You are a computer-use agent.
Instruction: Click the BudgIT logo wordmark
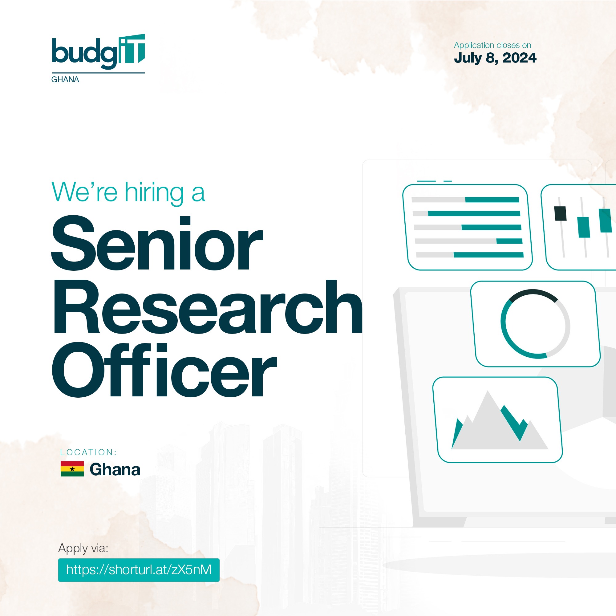pos(98,52)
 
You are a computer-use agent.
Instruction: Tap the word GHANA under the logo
pos(65,80)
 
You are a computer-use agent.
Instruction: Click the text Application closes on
pos(492,45)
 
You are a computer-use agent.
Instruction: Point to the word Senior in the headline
pos(157,243)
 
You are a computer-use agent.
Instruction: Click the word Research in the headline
pos(208,307)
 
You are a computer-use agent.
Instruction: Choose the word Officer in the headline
pos(164,370)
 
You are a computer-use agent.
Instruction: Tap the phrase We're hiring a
pos(128,192)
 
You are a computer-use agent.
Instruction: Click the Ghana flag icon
pos(72,469)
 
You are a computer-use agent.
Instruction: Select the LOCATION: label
pos(88,452)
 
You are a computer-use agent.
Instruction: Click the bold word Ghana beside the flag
pos(115,470)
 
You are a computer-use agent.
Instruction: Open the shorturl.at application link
pos(139,570)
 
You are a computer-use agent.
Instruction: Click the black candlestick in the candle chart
pos(560,214)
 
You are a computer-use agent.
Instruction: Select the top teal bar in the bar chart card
pos(492,200)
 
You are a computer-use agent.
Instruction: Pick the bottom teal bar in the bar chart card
pos(488,255)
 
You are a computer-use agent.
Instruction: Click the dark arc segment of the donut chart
pos(533,293)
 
